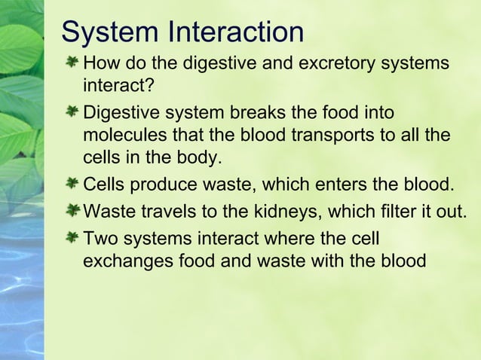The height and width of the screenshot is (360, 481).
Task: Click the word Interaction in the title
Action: pyautogui.click(x=237, y=32)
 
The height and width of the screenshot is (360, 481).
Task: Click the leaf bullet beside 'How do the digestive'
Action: pyautogui.click(x=72, y=60)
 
